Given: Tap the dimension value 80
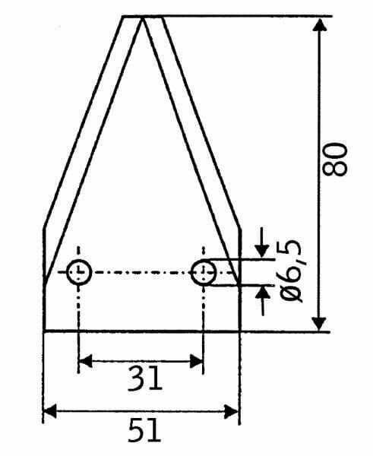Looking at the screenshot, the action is pos(335,160).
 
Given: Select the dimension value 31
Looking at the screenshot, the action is pos(144,378).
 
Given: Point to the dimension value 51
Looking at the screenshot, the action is pos(144,430).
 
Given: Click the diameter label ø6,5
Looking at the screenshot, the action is pos(291,271).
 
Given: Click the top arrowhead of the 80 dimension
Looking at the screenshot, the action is pos(320,24).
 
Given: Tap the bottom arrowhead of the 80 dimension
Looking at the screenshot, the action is pos(319,324).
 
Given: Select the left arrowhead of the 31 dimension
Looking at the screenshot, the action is pos(86,361).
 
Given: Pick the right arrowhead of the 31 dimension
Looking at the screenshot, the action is pos(196,361).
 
